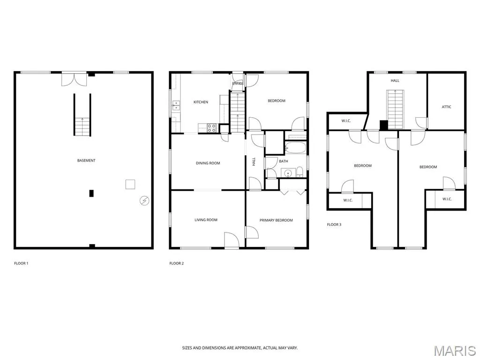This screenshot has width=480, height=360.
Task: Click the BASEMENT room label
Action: click(x=86, y=160)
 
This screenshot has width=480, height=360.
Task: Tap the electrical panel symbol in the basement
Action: click(x=144, y=201)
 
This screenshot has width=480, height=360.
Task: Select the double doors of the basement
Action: click(x=74, y=79)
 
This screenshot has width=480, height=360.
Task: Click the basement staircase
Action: click(x=82, y=115)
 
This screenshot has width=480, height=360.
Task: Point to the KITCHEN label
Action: click(x=201, y=102)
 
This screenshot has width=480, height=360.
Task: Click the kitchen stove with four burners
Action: click(x=212, y=128)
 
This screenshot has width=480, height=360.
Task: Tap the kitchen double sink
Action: click(x=176, y=105)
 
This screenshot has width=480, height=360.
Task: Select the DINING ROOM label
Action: click(x=208, y=163)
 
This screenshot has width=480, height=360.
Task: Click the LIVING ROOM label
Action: click(x=206, y=220)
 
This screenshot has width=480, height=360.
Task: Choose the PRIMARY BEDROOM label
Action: click(x=276, y=220)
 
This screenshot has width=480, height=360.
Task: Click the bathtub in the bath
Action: click(x=295, y=148)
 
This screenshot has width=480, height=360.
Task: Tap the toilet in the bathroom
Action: click(x=300, y=172)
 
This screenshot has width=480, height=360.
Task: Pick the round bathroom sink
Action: click(x=288, y=173)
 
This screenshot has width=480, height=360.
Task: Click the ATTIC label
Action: click(x=446, y=107)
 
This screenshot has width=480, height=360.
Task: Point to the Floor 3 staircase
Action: click(x=395, y=109)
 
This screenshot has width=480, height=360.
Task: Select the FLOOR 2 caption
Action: click(x=177, y=263)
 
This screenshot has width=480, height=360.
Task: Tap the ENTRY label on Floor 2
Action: click(x=238, y=83)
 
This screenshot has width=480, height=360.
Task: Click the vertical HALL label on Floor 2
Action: click(x=254, y=162)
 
